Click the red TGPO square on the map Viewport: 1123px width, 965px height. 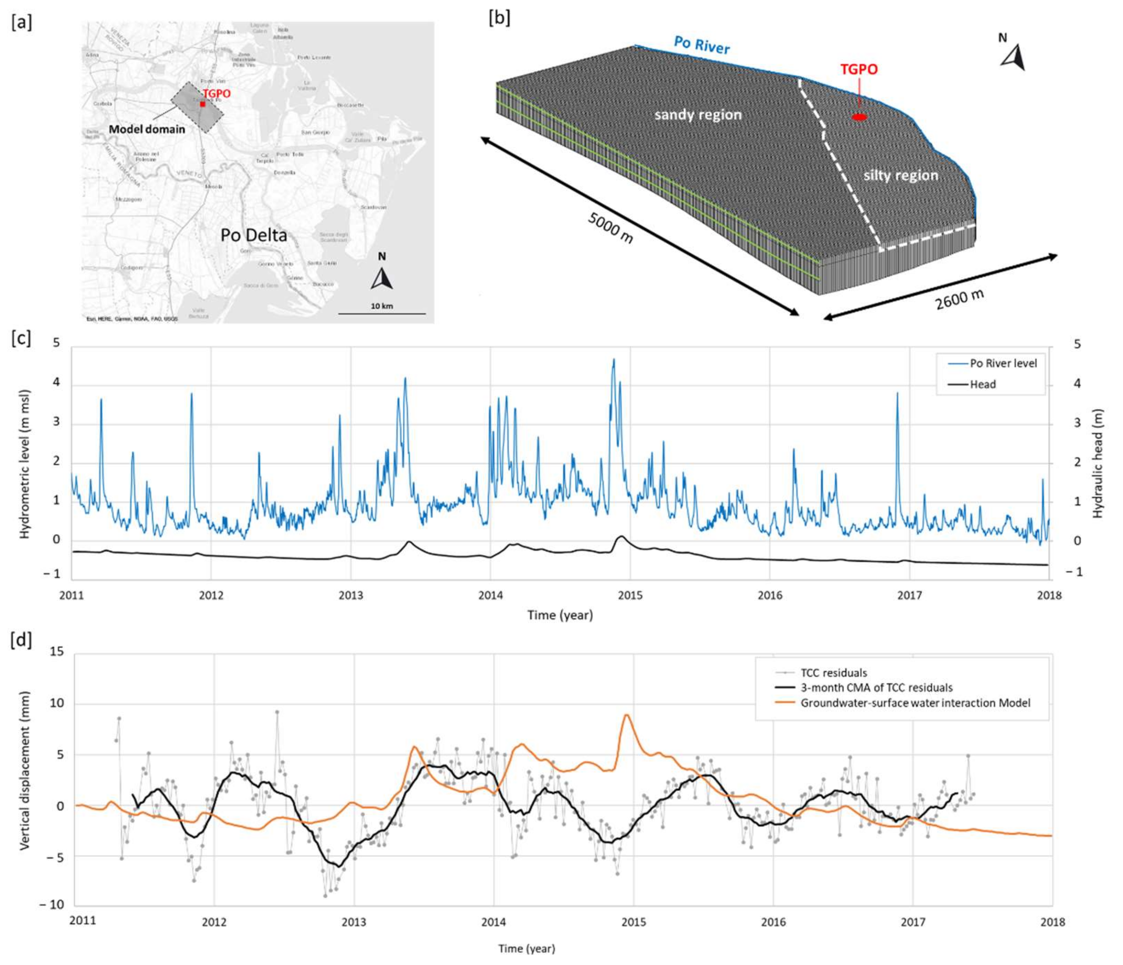coord(202,104)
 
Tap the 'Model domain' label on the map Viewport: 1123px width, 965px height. coord(147,129)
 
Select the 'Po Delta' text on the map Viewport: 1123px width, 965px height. coord(253,235)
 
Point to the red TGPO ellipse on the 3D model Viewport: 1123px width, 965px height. coord(859,117)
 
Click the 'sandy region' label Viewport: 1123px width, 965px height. coord(698,115)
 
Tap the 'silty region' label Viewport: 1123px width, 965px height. coord(900,175)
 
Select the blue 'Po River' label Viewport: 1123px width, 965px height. coord(702,45)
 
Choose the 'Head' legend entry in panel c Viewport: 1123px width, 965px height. coord(982,384)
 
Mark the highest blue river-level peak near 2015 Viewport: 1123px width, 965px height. coord(613,360)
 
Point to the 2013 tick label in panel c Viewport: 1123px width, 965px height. coord(351,595)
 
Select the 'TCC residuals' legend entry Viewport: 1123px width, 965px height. coord(833,673)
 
